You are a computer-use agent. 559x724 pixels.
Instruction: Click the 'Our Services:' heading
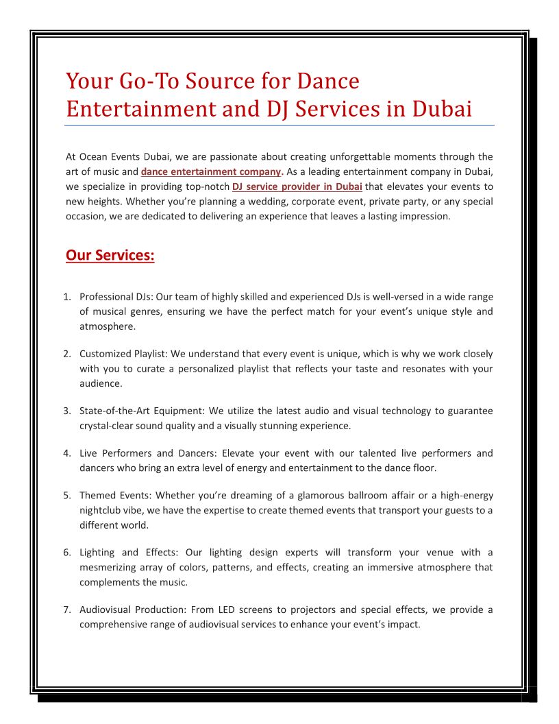[x=110, y=256]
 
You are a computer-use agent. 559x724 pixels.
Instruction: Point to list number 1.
[x=67, y=297]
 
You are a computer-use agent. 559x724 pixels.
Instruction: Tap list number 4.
[x=67, y=453]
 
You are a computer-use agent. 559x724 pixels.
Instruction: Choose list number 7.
[x=67, y=610]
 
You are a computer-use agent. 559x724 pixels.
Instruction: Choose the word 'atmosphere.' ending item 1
[x=108, y=327]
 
